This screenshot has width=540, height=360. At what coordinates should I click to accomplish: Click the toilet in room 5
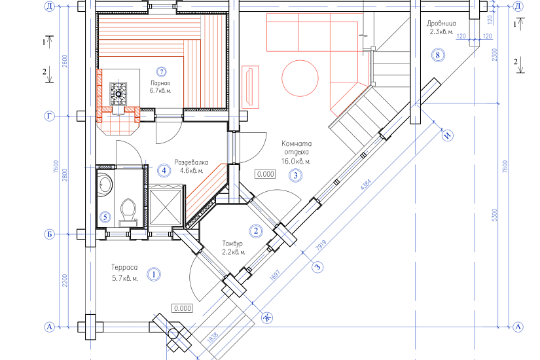pos(128,212)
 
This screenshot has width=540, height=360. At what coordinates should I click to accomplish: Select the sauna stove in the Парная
pos(118,94)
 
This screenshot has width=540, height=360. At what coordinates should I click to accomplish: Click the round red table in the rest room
pos(300,78)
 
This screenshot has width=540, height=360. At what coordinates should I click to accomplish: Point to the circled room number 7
pos(161,71)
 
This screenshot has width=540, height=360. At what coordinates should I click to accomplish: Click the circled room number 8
pos(438,55)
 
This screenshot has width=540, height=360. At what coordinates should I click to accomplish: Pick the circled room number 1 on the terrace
pos(154,274)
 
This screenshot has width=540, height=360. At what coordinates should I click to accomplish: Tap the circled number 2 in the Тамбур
pos(255,231)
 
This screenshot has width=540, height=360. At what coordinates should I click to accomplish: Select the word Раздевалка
pos(191,162)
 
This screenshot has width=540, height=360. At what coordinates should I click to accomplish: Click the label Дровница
pos(441,24)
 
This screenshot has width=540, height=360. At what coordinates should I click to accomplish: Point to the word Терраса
pos(124,267)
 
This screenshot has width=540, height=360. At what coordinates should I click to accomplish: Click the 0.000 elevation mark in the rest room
pos(266,174)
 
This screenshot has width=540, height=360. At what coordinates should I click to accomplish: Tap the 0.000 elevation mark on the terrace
pos(183,308)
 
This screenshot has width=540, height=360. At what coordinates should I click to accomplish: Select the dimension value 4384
pos(366,184)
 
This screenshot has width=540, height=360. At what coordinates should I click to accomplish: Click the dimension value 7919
pos(321,245)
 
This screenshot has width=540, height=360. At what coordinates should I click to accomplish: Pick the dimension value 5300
pos(495,215)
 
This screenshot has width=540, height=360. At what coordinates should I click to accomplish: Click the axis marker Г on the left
pos(50,117)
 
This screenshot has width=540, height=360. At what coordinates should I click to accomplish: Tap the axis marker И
pos(448,135)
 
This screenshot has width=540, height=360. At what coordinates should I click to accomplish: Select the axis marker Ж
pos(267,317)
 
